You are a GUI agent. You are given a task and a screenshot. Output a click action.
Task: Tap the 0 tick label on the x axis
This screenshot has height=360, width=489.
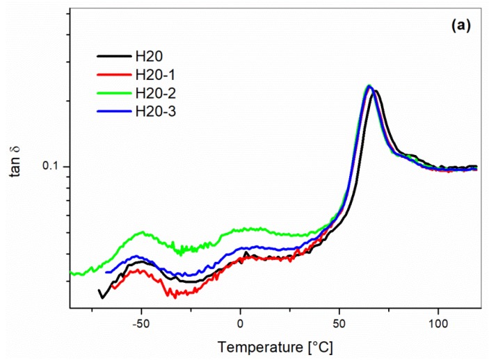[240, 323]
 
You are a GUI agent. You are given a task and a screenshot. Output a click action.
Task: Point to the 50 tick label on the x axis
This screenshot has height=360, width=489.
[339, 323]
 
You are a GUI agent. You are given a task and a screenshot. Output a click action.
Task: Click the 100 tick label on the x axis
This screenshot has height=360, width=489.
[438, 323]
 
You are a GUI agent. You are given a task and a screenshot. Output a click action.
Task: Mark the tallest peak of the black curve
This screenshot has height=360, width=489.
[376, 91]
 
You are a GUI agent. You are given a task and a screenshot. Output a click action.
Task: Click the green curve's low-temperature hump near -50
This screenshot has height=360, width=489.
[143, 233]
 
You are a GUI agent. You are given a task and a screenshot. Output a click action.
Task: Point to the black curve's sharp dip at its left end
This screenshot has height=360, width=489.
[102, 297]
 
